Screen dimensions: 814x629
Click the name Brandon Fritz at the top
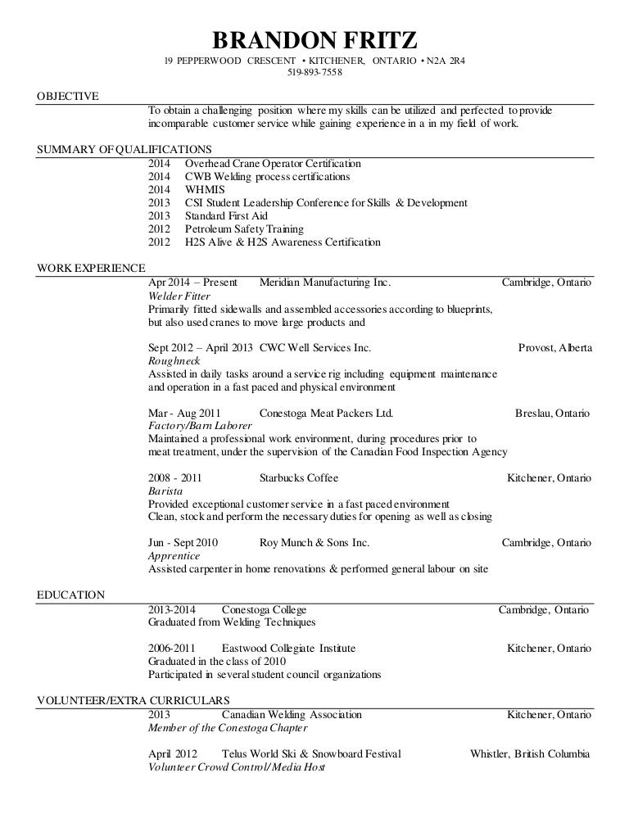(x=315, y=39)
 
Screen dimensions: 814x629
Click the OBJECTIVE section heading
(x=68, y=97)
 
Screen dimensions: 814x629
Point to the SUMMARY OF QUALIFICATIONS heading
(x=125, y=149)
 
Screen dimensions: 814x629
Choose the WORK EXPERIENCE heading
(x=92, y=268)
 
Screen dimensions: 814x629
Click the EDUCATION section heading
(x=71, y=595)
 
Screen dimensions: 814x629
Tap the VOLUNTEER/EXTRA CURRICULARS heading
(x=133, y=700)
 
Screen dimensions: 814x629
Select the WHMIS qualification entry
(x=202, y=189)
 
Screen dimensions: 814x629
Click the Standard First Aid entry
(x=226, y=215)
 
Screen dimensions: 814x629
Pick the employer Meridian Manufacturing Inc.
(x=324, y=283)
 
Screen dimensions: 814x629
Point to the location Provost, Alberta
(x=555, y=347)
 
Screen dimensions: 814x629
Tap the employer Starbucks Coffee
(x=298, y=477)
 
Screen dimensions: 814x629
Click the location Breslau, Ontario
(x=552, y=413)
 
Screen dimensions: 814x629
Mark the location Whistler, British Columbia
(x=530, y=754)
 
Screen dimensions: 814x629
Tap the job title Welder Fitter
(x=178, y=296)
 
